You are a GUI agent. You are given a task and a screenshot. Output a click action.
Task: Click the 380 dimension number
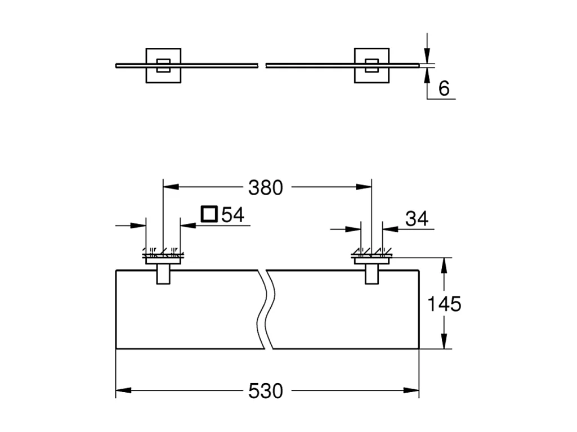(265, 187)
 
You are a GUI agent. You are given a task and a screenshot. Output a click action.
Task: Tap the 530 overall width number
(265, 391)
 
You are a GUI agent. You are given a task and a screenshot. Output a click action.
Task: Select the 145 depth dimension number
(444, 304)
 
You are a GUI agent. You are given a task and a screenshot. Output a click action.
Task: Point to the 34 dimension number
(417, 219)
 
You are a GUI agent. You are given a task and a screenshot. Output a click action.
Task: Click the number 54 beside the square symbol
(232, 214)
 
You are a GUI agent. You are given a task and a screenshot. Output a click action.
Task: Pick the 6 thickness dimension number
(444, 89)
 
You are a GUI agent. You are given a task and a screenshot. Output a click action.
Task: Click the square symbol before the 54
(209, 214)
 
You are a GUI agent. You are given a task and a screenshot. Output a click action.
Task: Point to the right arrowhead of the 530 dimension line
(411, 390)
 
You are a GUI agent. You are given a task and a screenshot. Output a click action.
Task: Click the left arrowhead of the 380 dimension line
(171, 187)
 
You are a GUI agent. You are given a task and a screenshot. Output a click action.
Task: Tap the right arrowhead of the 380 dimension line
(364, 187)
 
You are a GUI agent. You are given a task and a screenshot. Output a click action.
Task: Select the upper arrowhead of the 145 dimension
(444, 265)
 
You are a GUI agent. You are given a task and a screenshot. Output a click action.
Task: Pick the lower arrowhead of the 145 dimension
(444, 341)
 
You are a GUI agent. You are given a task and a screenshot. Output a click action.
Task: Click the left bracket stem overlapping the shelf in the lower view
(163, 274)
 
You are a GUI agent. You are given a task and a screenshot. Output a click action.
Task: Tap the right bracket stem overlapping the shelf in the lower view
(372, 274)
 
